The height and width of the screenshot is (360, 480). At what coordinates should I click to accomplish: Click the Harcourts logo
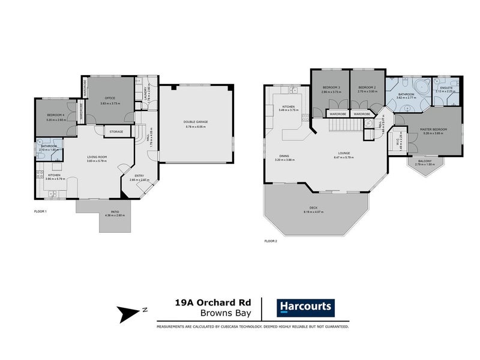pos(305,307)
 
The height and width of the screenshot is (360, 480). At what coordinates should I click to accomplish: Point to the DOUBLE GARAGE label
pos(196,122)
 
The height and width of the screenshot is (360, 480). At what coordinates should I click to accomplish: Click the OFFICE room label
pos(109,98)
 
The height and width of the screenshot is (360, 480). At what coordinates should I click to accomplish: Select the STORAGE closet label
pos(116,131)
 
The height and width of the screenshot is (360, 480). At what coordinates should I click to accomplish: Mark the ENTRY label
pos(139,176)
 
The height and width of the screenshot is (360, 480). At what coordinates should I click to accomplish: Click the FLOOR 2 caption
pos(271,241)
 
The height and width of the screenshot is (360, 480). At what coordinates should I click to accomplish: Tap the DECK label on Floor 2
pos(314,208)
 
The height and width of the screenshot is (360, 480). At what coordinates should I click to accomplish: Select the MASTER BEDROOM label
pos(428,131)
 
